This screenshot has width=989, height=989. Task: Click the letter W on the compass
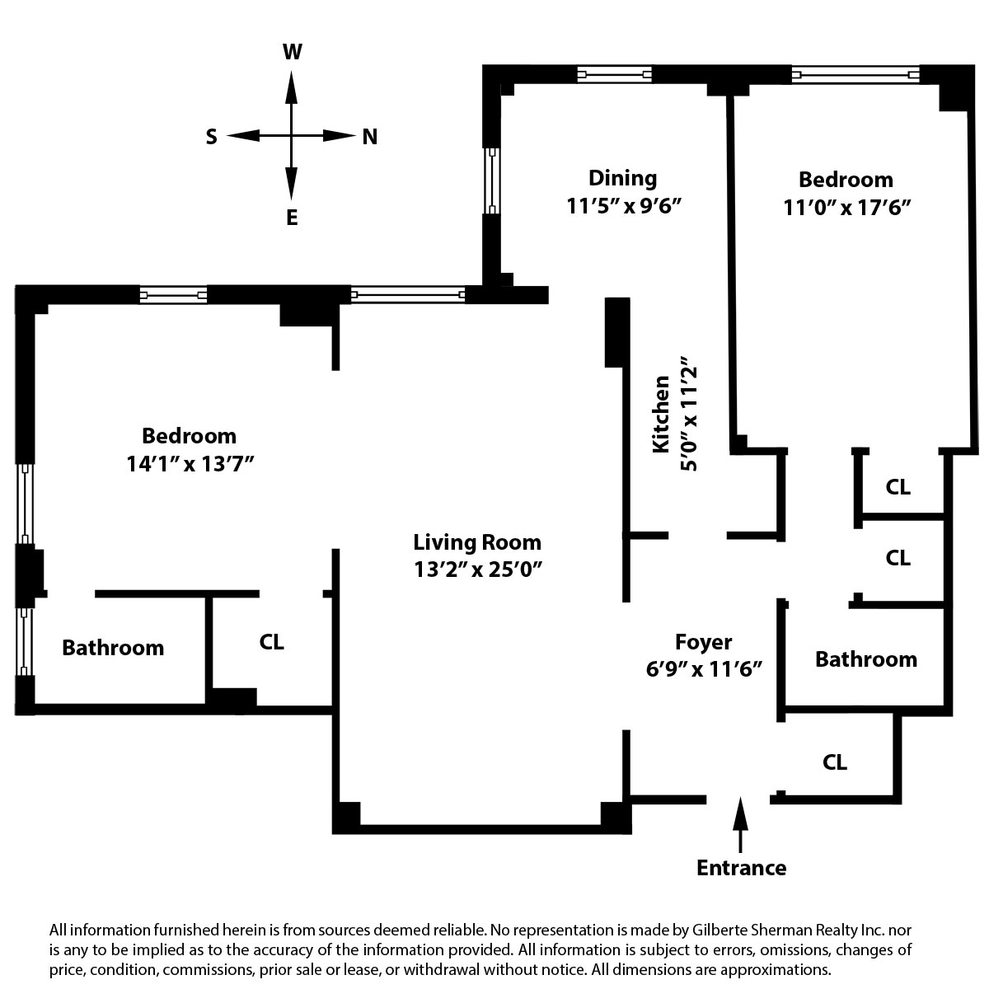pos(292,53)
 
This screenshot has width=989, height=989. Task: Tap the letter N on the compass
pos(370,137)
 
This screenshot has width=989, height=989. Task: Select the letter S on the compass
pos(211,137)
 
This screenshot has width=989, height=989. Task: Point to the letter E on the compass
pos(292,218)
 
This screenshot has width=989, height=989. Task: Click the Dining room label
pos(622,178)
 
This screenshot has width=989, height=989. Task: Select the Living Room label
pos(477,542)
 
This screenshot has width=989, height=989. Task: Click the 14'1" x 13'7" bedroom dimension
pos(189,463)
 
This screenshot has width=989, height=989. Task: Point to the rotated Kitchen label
pos(661,414)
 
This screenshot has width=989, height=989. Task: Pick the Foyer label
pos(703,641)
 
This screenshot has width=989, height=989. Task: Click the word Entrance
pos(741,867)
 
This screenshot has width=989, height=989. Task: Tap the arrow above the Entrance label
pos(740,821)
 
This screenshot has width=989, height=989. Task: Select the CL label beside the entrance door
pos(835,762)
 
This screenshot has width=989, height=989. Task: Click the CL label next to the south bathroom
pos(271,642)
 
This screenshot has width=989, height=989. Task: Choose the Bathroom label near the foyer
pos(865,659)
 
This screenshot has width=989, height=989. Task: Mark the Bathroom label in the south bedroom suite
pos(113,648)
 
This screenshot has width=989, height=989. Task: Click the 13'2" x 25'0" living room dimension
pos(477,569)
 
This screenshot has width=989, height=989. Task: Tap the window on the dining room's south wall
pos(491,180)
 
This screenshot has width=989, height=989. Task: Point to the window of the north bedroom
pos(855,75)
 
